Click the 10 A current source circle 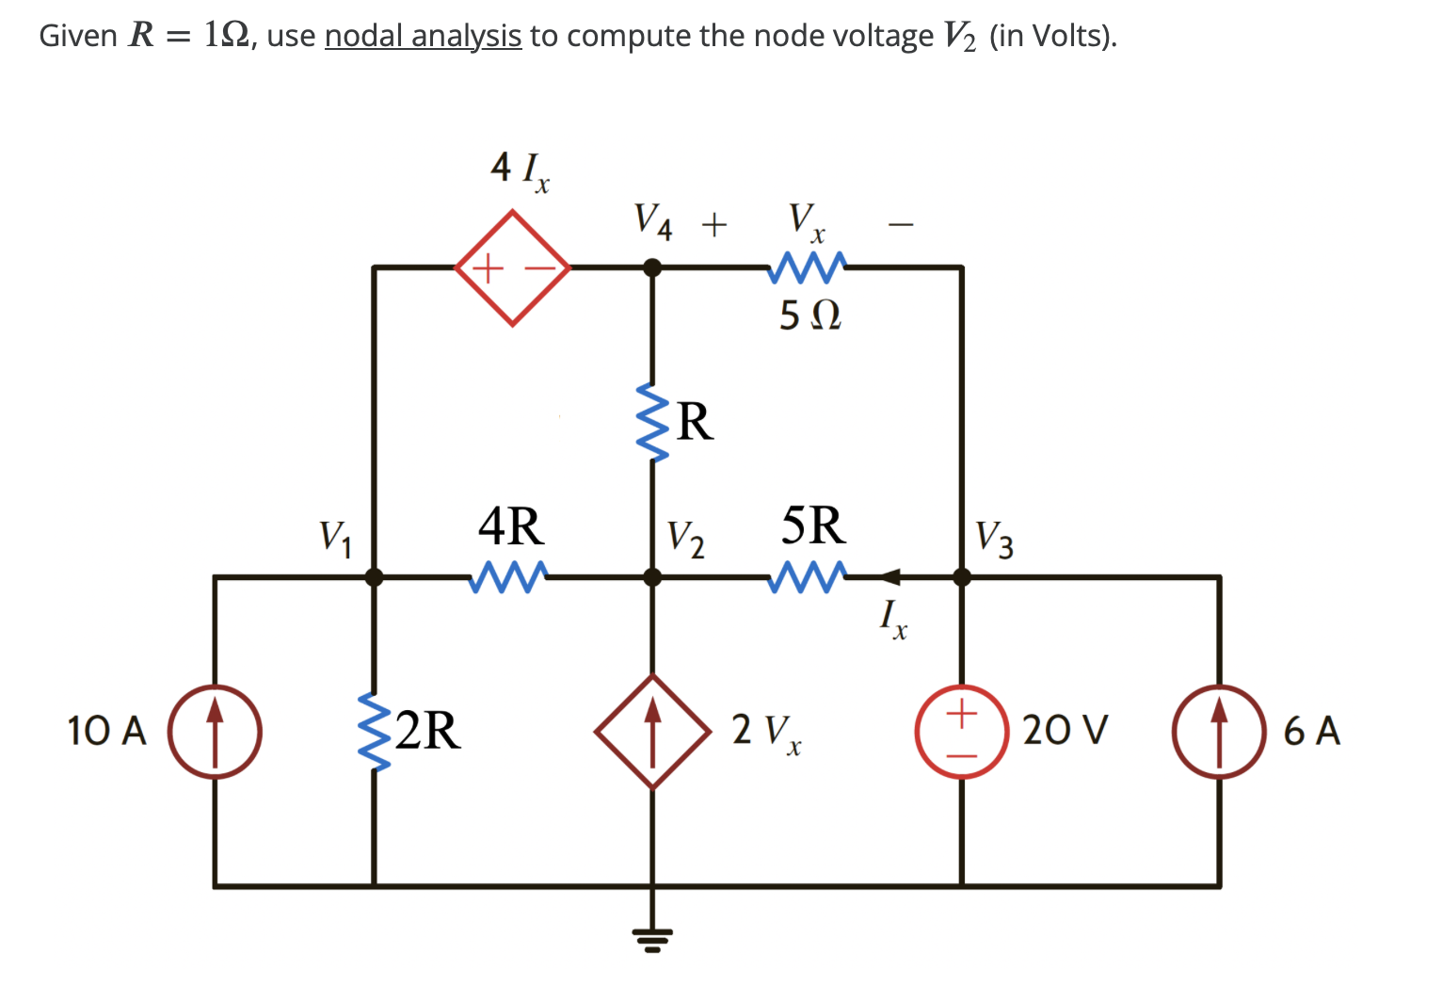click(x=215, y=732)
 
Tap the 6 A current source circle click(x=1219, y=732)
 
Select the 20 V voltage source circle click(x=961, y=732)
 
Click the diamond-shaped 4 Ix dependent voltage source click(x=513, y=268)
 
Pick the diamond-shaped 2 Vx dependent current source click(x=652, y=732)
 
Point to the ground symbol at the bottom click(x=652, y=937)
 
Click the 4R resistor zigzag click(x=509, y=576)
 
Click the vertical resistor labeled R click(x=652, y=422)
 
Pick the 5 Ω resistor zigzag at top click(x=808, y=267)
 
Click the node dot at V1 click(x=374, y=576)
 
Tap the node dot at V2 click(x=652, y=576)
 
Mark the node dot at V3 click(x=961, y=576)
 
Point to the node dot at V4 click(x=652, y=268)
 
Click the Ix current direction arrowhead click(x=889, y=576)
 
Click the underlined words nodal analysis click(x=423, y=36)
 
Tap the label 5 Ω click(x=809, y=315)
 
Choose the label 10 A click(x=107, y=731)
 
